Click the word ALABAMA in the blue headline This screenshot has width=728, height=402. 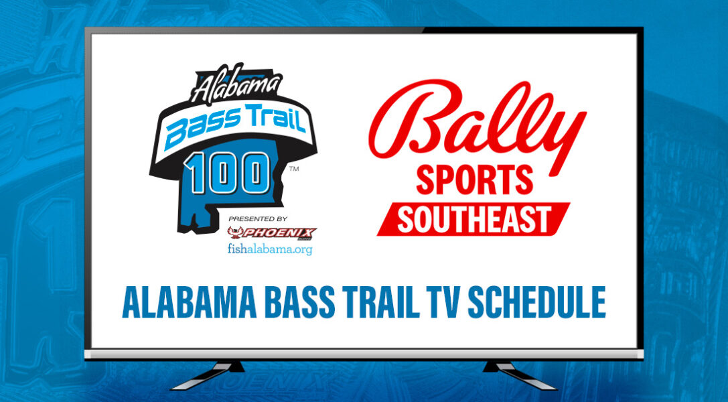pyautogui.click(x=190, y=303)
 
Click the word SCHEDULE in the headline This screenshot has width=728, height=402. pyautogui.click(x=536, y=303)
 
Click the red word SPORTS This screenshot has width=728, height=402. pyautogui.click(x=474, y=180)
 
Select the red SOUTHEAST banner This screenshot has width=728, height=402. pyautogui.click(x=474, y=219)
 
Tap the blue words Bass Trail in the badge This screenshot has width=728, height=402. pyautogui.click(x=236, y=125)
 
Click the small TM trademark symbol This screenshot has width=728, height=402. pyautogui.click(x=294, y=169)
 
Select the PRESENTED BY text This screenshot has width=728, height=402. pyautogui.click(x=258, y=218)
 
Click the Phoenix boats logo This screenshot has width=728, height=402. pyautogui.click(x=272, y=232)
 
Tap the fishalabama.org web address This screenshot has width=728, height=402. pyautogui.click(x=270, y=249)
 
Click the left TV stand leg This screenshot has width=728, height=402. pyautogui.click(x=209, y=375)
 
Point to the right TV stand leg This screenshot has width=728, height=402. pyautogui.click(x=519, y=375)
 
